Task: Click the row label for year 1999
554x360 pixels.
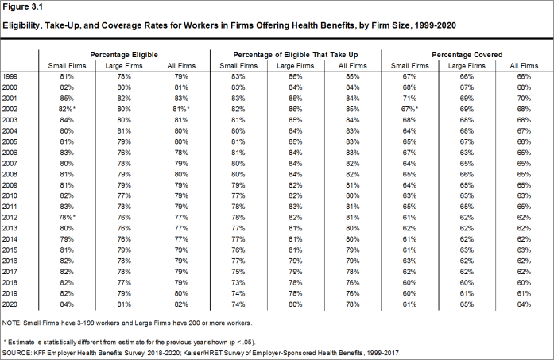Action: pos(10,75)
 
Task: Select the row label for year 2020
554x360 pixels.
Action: pos(10,304)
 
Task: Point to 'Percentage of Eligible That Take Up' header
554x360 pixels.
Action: pos(293,52)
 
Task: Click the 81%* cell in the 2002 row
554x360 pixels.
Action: pos(181,108)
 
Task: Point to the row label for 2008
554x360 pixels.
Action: pos(10,173)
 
